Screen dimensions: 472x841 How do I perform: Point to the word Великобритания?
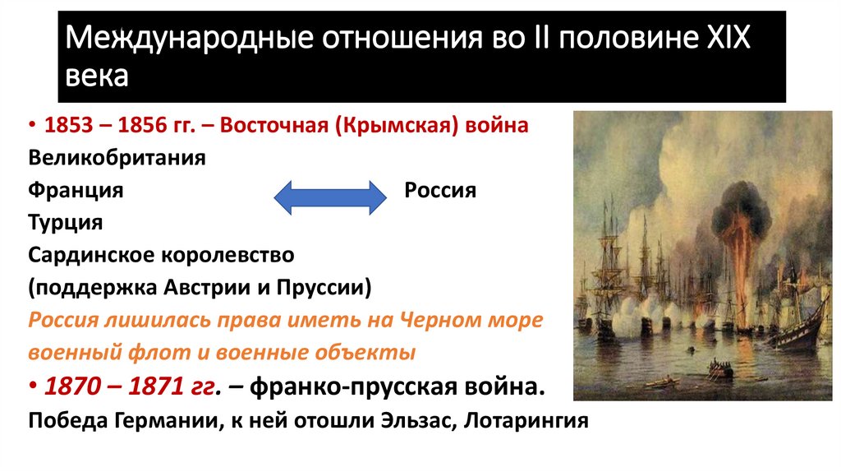[x=117, y=158]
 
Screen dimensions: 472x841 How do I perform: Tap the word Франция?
[x=76, y=191]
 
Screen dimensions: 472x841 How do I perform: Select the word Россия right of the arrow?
[x=440, y=191]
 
